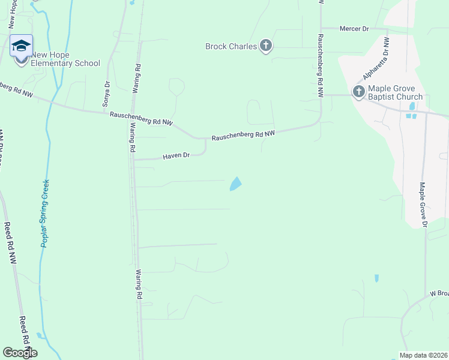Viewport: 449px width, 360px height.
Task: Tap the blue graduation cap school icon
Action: tap(22, 46)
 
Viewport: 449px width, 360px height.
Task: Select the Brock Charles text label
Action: tap(231, 46)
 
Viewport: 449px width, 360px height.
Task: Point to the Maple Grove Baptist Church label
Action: tap(396, 92)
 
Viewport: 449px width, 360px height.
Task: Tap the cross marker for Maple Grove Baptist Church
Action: tap(358, 92)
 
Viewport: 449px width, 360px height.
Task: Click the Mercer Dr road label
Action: tap(354, 28)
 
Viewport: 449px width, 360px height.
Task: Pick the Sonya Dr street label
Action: tap(106, 94)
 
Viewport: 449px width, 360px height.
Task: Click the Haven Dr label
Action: tap(176, 156)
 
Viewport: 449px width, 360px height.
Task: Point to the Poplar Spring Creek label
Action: tap(46, 213)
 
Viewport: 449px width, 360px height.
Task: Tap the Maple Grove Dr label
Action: tap(423, 205)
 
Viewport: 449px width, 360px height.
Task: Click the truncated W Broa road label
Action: tap(439, 294)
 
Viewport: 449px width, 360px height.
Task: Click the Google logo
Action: tap(20, 353)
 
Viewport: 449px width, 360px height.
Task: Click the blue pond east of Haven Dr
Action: tap(236, 184)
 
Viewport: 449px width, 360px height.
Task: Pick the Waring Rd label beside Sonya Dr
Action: tap(137, 78)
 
